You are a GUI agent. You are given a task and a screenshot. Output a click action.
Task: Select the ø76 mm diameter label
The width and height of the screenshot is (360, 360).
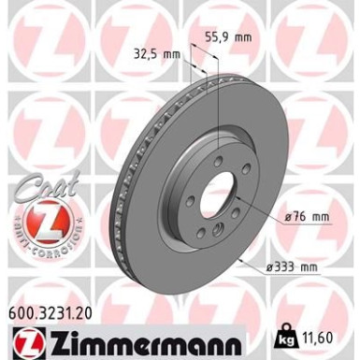click(x=305, y=218)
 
